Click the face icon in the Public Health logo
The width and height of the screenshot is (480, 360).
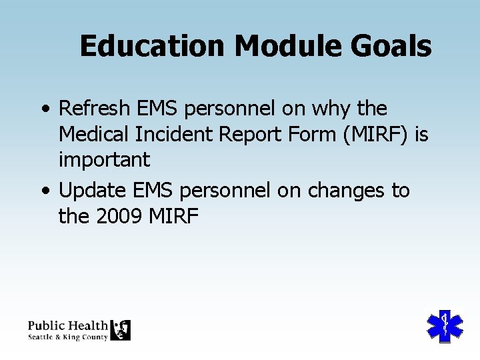pos(120,330)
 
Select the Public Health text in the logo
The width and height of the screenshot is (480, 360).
pos(67,325)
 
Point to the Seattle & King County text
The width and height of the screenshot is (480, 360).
pos(67,337)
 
